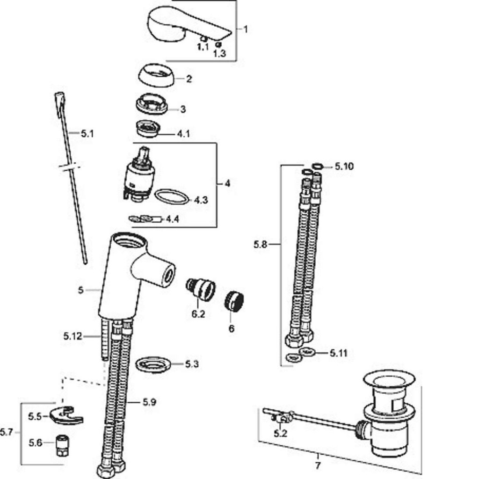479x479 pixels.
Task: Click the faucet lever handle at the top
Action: tap(182, 23)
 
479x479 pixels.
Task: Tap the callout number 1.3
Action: tap(219, 53)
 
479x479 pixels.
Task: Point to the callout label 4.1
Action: tap(183, 134)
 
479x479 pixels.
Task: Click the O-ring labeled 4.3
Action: tap(171, 196)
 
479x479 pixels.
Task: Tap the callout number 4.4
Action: tap(172, 219)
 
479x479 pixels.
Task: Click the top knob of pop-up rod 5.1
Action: tap(59, 98)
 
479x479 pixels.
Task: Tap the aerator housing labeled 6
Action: tap(233, 301)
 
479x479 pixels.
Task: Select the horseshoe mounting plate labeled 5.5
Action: tap(66, 414)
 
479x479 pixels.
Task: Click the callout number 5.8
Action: tap(260, 244)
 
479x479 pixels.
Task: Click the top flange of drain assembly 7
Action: tap(389, 379)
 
